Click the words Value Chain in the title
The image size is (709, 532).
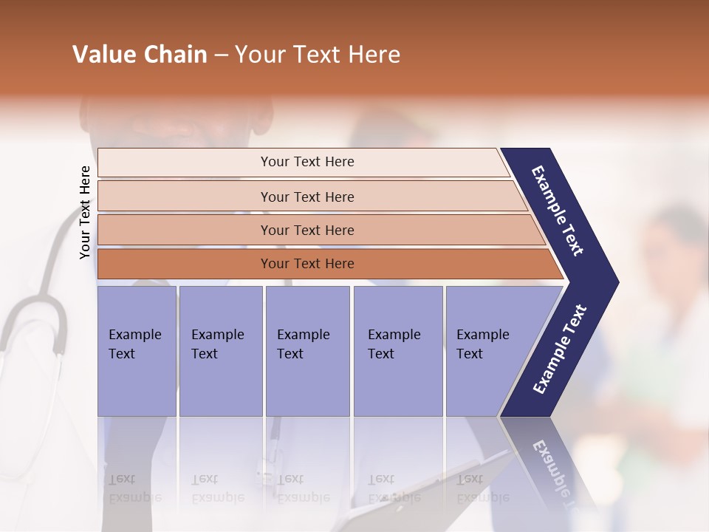click(x=140, y=55)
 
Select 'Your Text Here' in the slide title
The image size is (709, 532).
click(x=318, y=55)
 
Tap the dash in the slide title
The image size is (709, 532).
click(x=221, y=55)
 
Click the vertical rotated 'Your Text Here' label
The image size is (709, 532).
click(x=85, y=212)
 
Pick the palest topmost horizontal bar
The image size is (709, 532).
click(x=307, y=162)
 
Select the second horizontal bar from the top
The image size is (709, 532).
click(x=307, y=197)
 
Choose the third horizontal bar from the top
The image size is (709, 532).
click(x=307, y=230)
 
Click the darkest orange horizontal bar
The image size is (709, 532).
click(x=307, y=264)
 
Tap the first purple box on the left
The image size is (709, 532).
click(x=137, y=351)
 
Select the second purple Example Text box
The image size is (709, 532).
click(x=220, y=351)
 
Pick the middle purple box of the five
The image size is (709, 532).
click(x=307, y=351)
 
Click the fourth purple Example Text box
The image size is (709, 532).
click(x=397, y=351)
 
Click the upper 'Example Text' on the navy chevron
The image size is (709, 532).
click(x=558, y=210)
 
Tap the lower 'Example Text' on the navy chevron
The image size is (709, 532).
click(x=560, y=349)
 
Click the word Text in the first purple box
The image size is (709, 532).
click(x=122, y=354)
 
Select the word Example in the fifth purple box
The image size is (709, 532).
click(x=483, y=335)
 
